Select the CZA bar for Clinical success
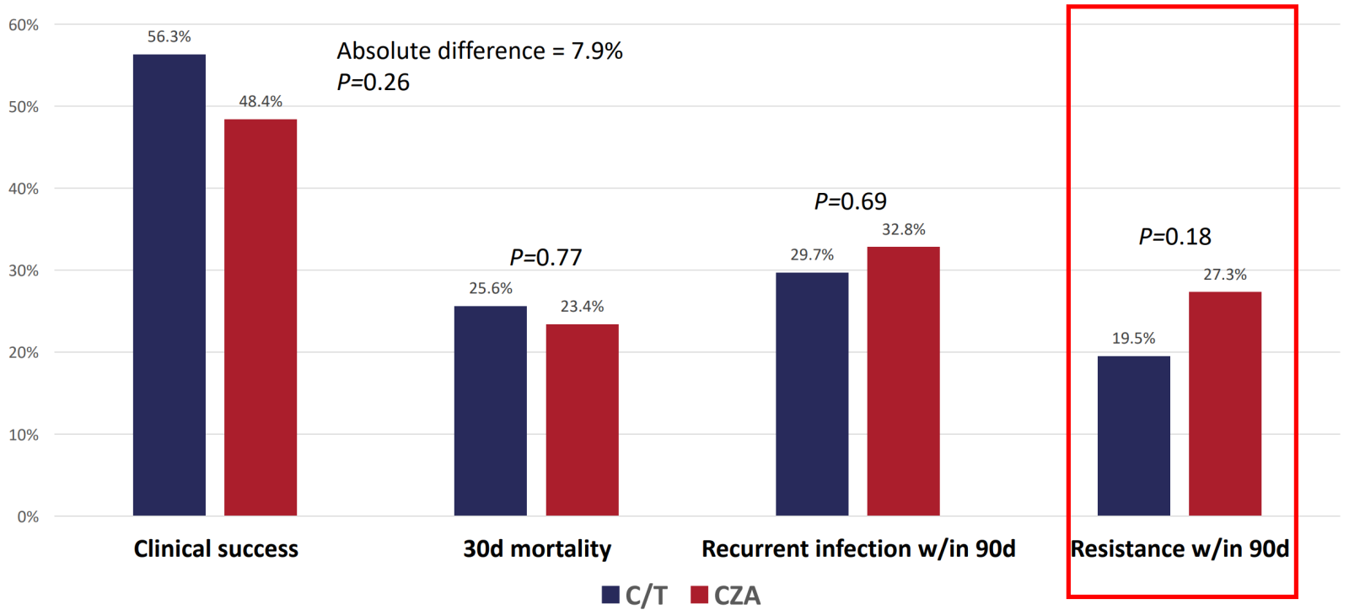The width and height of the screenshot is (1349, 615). point(260,318)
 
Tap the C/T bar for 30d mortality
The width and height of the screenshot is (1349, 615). point(490,411)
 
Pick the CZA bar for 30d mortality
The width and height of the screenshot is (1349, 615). point(582,420)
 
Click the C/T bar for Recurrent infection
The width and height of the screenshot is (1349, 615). point(812,394)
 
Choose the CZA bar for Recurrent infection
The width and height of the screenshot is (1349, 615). point(903,381)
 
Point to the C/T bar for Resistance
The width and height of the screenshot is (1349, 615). point(1133,436)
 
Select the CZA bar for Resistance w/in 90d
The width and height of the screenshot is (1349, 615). point(1224,404)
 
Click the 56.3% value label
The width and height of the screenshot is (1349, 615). point(169,37)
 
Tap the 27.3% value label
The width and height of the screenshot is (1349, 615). point(1224,275)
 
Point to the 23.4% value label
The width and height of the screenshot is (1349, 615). point(582,307)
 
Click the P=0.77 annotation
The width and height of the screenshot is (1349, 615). point(546,257)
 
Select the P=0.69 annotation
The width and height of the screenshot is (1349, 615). point(850,201)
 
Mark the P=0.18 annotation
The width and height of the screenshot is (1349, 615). point(1174,237)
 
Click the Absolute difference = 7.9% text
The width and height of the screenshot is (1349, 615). point(480,51)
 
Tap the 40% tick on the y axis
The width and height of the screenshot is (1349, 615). point(24,189)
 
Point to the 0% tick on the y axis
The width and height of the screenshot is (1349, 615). point(28,516)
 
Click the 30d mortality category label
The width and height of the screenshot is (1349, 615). point(537,549)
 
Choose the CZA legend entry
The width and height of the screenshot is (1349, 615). point(725,596)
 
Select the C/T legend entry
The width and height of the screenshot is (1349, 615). point(634,596)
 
